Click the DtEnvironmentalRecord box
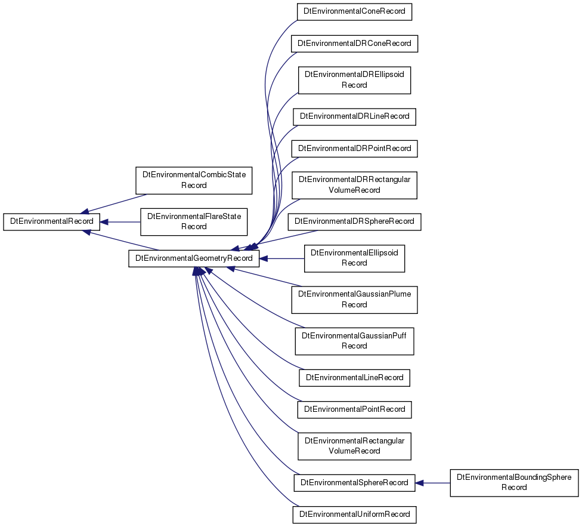[52, 221]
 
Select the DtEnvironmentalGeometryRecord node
[194, 258]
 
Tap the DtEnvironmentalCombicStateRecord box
[194, 180]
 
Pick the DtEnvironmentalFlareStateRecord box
[194, 221]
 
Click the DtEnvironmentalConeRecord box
[354, 12]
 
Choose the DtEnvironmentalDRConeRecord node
[354, 44]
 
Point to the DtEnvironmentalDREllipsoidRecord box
[354, 80]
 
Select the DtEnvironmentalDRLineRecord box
[354, 116]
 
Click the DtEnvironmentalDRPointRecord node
[354, 149]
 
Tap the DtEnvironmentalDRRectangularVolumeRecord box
[354, 186]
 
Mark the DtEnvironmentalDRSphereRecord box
[354, 221]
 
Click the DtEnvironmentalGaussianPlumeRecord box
[354, 300]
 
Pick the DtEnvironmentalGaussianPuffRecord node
[354, 341]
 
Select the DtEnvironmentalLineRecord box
[354, 378]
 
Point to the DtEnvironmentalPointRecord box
[354, 409]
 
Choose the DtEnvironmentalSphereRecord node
[354, 483]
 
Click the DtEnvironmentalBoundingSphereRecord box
[514, 483]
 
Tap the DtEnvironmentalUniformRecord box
[354, 514]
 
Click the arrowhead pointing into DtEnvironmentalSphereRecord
[419, 483]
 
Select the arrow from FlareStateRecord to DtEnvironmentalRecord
[120, 222]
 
